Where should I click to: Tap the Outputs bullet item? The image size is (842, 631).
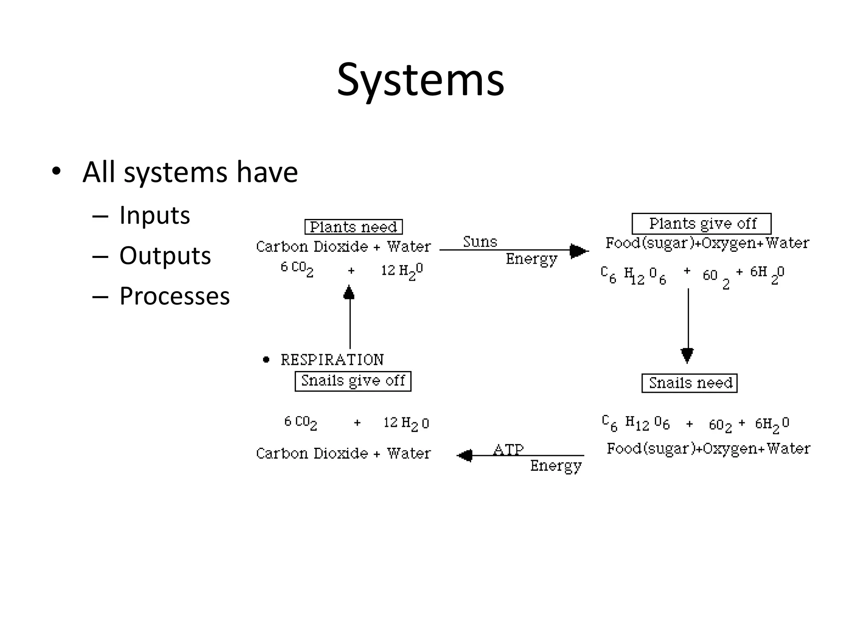click(165, 256)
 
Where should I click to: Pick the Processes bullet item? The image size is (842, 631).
click(174, 296)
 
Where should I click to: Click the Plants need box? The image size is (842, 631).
click(353, 227)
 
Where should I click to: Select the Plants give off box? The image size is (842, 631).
click(701, 223)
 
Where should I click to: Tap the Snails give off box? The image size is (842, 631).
click(353, 381)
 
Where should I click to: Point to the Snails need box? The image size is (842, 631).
click(689, 383)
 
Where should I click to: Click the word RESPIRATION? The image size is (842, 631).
click(332, 360)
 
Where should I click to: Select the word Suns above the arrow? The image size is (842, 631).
click(480, 242)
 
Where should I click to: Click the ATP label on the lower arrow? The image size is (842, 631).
click(508, 449)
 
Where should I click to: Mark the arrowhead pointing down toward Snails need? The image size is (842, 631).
click(687, 355)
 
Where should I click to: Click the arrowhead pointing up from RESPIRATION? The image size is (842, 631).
click(349, 292)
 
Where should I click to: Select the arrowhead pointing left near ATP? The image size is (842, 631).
click(465, 456)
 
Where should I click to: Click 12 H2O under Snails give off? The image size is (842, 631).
click(406, 423)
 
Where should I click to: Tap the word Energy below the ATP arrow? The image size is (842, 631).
click(555, 466)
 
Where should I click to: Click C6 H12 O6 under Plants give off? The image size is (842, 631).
click(633, 275)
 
